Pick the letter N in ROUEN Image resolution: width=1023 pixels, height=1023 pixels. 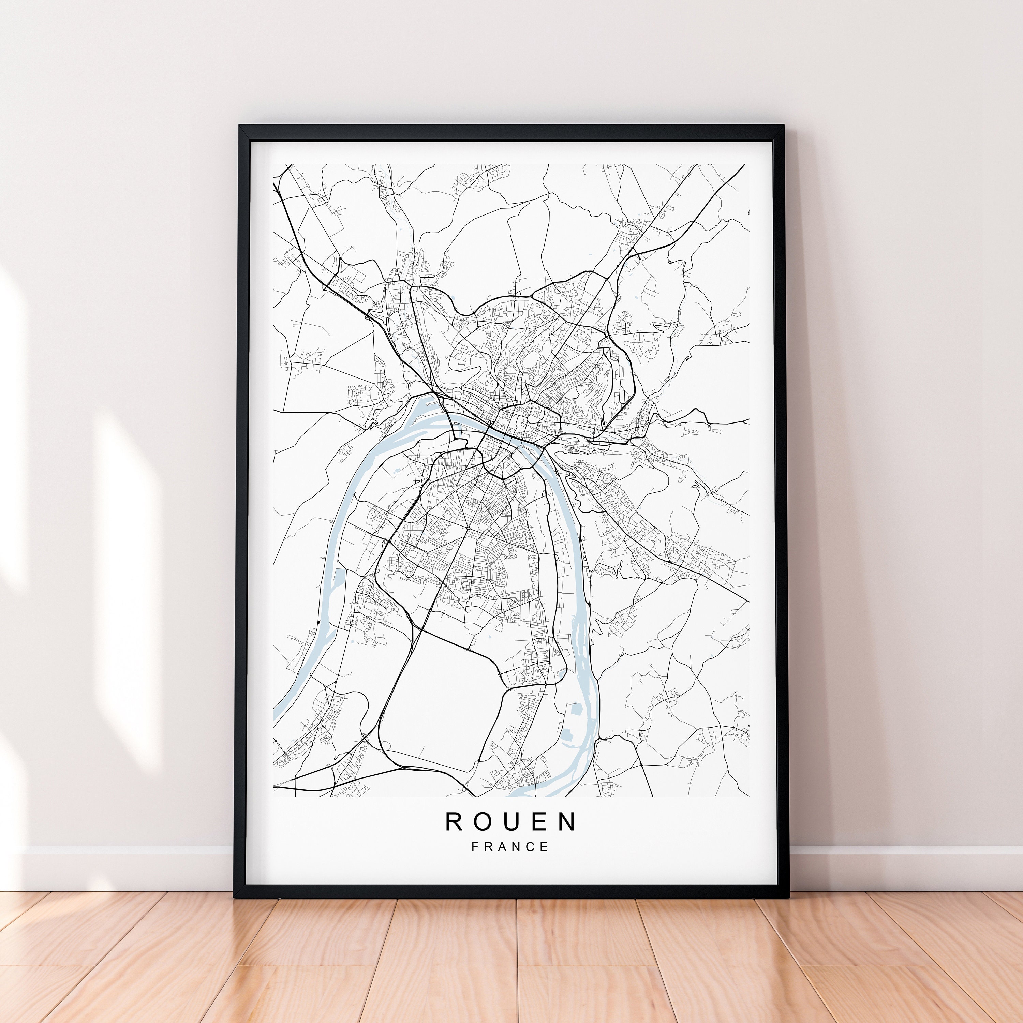568,822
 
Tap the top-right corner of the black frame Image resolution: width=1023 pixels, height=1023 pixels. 784,127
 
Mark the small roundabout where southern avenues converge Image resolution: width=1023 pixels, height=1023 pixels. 469,529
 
